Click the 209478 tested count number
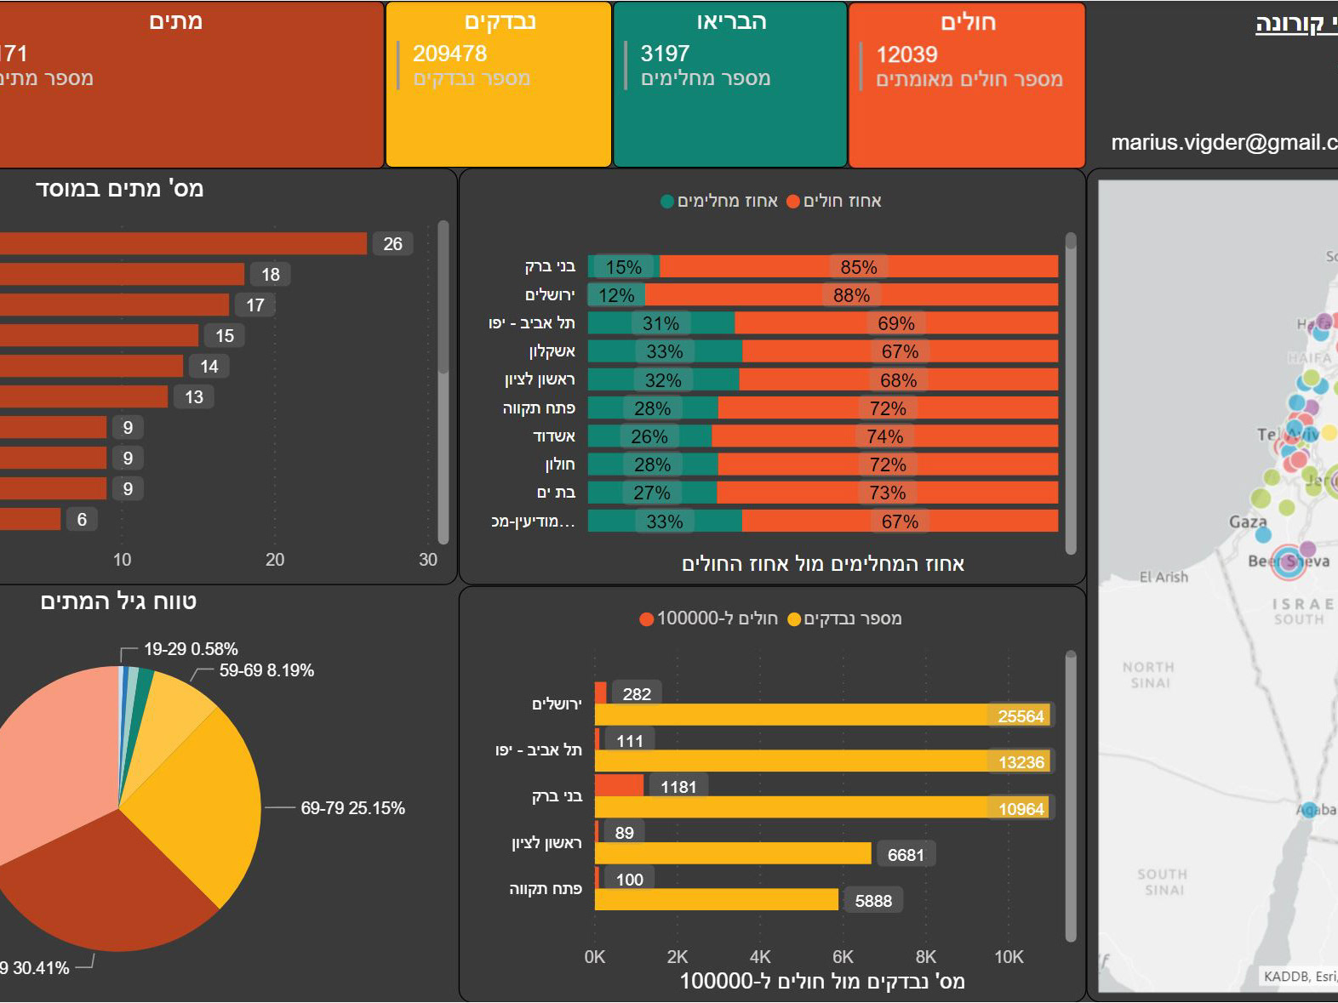click(x=449, y=54)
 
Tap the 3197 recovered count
click(x=665, y=54)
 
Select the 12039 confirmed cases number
click(x=906, y=54)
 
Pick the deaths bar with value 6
click(x=30, y=519)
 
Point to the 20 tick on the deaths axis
click(x=274, y=560)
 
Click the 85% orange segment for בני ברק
click(x=858, y=267)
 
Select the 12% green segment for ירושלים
click(x=615, y=295)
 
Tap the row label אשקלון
click(x=552, y=351)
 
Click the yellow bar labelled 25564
click(x=821, y=715)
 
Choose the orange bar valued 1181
click(x=619, y=786)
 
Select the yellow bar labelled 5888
click(x=716, y=900)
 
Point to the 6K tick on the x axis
click(x=843, y=957)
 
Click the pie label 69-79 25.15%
click(x=352, y=808)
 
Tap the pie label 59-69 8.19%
click(x=266, y=670)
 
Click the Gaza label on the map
click(x=1248, y=521)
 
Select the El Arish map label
click(x=1164, y=577)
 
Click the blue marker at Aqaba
click(x=1309, y=809)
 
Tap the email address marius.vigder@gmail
click(x=1224, y=142)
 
